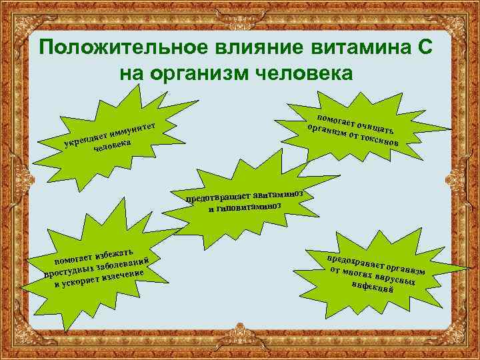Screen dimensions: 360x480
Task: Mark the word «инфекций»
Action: tap(377, 287)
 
